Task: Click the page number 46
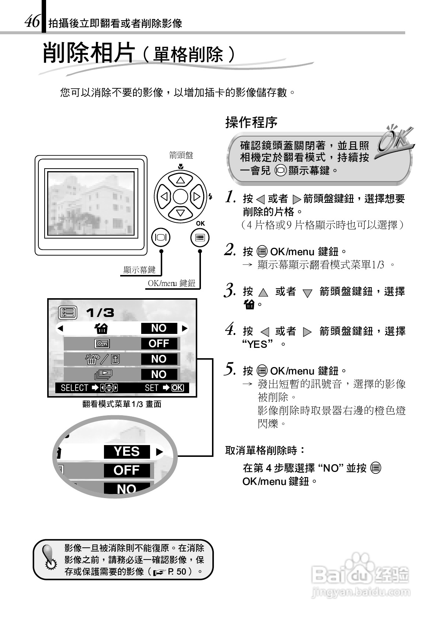click(x=32, y=22)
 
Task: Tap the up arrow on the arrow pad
click(x=180, y=180)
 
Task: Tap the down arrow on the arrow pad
click(x=180, y=212)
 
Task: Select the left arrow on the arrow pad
click(x=164, y=197)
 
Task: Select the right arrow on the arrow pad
click(x=197, y=197)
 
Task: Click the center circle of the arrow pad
click(x=180, y=197)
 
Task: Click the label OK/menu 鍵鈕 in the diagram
click(x=171, y=283)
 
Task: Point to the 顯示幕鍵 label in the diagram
click(x=139, y=270)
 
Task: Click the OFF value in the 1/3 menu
click(x=159, y=343)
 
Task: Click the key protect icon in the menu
click(x=102, y=343)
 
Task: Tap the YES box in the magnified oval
click(x=126, y=451)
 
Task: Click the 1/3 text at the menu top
click(x=100, y=313)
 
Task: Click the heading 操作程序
click(x=251, y=123)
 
